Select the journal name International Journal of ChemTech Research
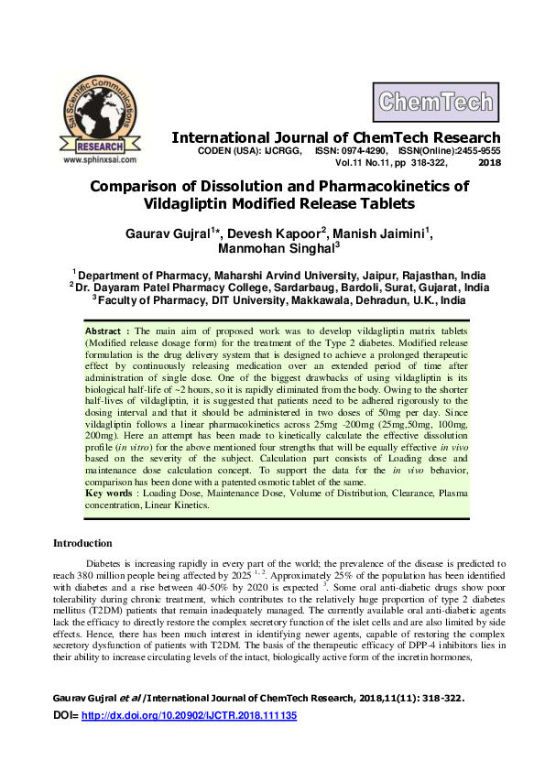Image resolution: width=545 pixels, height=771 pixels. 336,137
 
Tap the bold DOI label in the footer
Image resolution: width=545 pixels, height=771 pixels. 65,740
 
